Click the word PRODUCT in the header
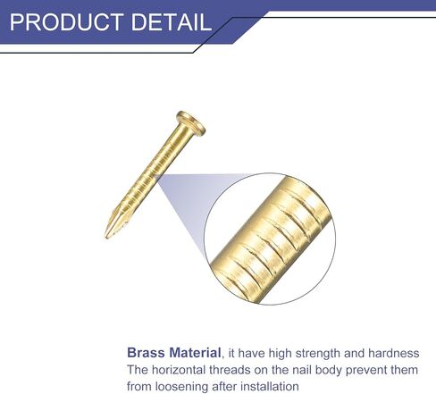tap(66, 21)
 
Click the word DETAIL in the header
tap(172, 21)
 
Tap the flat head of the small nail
tap(191, 123)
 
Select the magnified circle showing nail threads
tap(270, 239)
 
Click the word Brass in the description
tap(146, 353)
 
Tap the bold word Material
tap(195, 353)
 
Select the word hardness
tap(394, 353)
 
